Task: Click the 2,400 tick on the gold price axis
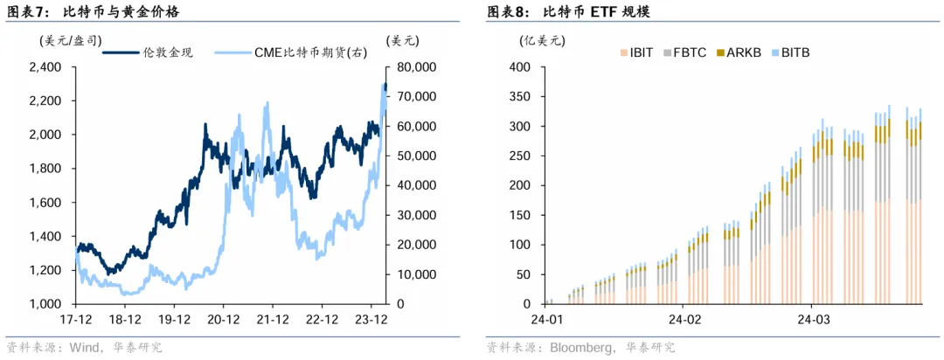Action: point(45,67)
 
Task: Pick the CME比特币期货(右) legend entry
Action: point(310,52)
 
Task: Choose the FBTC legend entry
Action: point(689,52)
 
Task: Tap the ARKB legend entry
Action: point(744,52)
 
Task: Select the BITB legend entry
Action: point(795,52)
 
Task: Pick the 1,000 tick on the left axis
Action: point(45,304)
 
